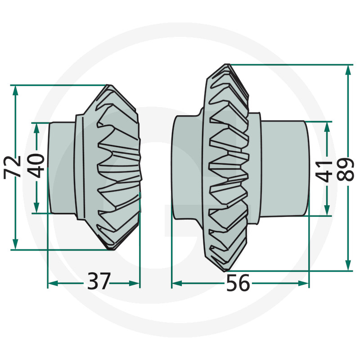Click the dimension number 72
click(13, 166)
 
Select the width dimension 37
click(99, 283)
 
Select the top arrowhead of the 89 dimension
click(348, 70)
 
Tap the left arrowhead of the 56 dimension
click(177, 283)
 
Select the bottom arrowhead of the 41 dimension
click(327, 211)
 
